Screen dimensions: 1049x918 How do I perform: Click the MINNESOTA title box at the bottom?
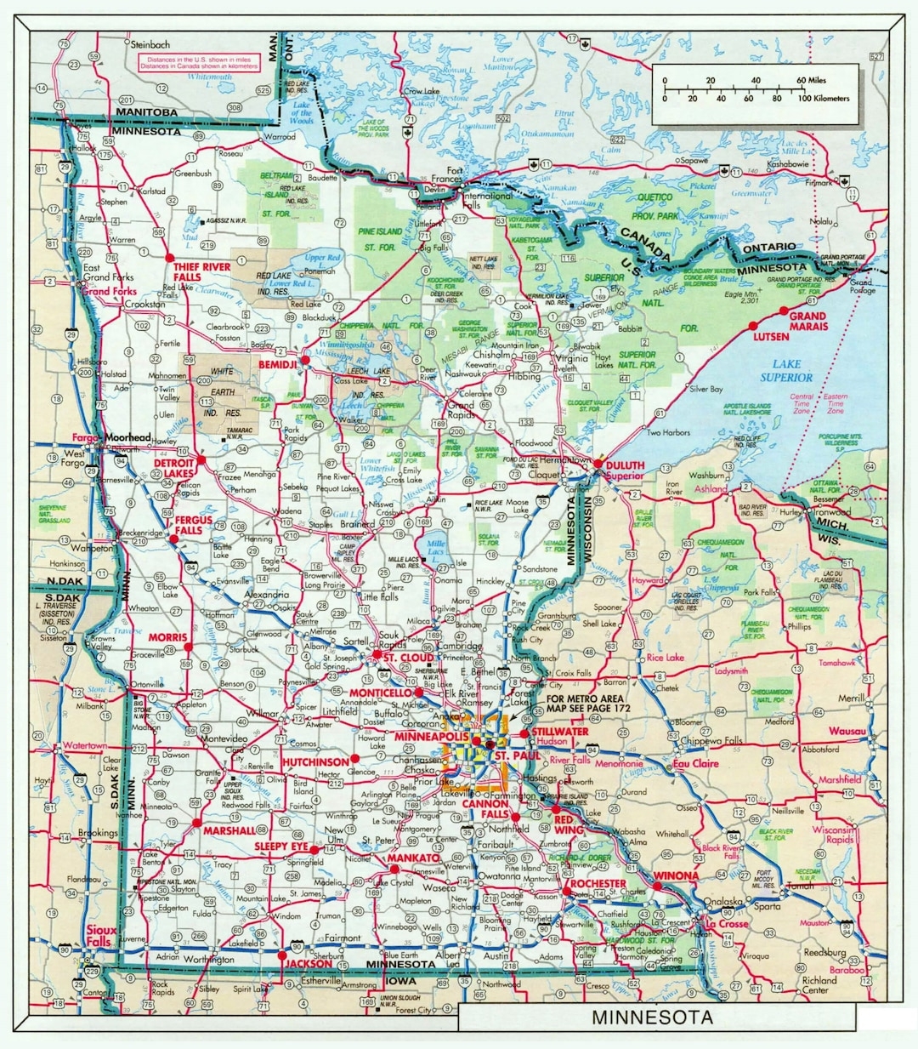pos(652,1018)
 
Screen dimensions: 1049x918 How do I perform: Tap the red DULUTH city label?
pos(626,465)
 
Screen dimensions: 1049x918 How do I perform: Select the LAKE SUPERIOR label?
pos(786,371)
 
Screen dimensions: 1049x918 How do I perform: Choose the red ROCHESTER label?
pos(598,884)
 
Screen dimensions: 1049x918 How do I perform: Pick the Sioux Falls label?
pos(100,937)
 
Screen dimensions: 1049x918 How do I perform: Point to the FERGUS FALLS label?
pos(189,525)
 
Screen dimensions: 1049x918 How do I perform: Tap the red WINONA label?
pos(677,875)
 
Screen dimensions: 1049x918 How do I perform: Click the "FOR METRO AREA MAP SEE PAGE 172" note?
pos(578,702)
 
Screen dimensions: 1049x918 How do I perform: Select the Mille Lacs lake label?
pos(435,549)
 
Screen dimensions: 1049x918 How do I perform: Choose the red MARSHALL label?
pos(229,830)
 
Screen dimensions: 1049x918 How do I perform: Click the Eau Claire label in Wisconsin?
pos(695,763)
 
